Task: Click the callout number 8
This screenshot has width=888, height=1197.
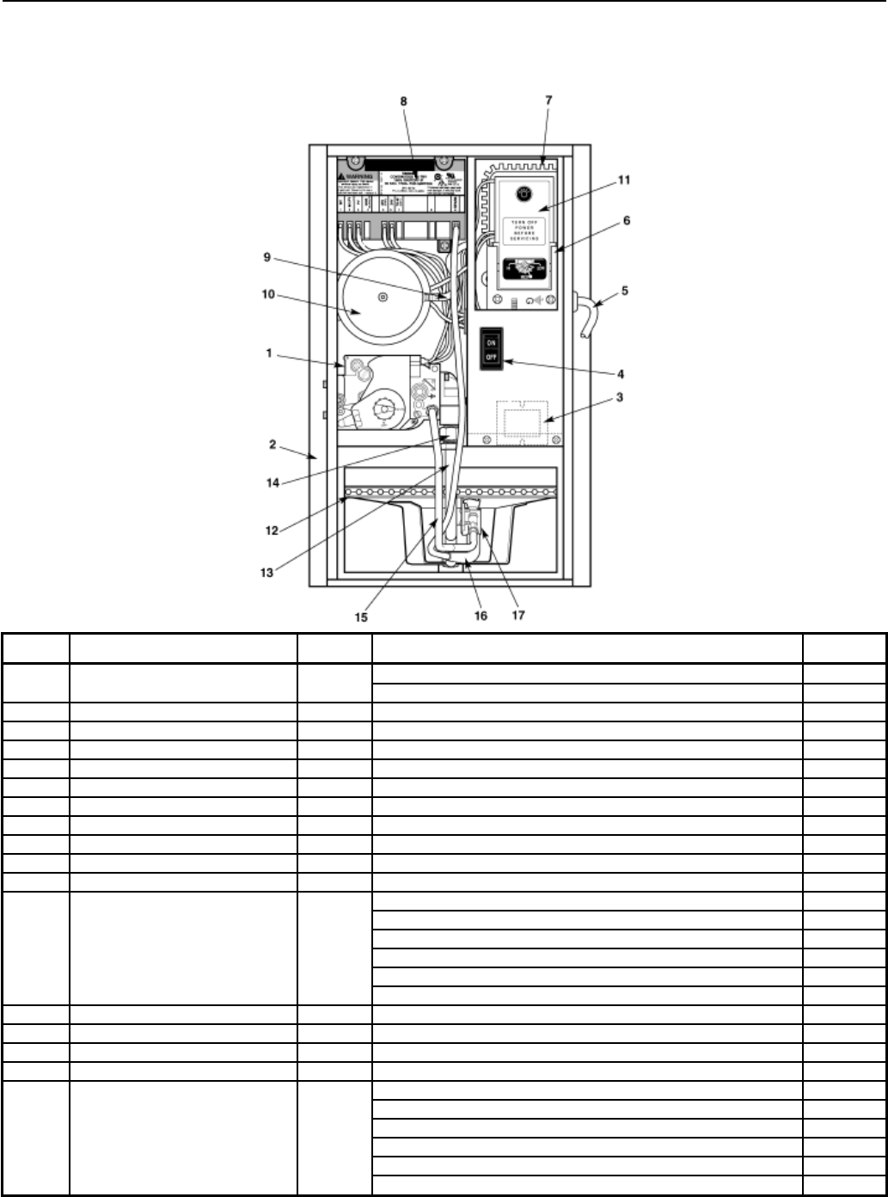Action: pyautogui.click(x=404, y=101)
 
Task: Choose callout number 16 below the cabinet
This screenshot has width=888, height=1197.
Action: pyautogui.click(x=481, y=617)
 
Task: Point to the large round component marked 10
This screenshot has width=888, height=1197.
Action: pyautogui.click(x=383, y=298)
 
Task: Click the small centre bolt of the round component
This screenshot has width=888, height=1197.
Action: pyautogui.click(x=383, y=297)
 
